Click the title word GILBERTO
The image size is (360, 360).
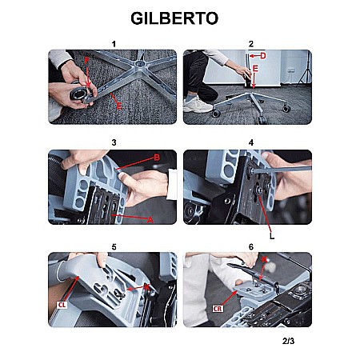coord(174,18)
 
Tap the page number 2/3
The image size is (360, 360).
coord(288,341)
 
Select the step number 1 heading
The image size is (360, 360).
coord(114,44)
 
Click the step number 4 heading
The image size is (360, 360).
coord(251,142)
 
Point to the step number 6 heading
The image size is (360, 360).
coord(251,247)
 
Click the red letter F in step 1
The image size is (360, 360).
coord(86,61)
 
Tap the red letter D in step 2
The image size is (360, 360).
coord(263,56)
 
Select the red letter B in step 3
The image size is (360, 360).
coord(157,158)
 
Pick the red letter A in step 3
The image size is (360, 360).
coord(150,220)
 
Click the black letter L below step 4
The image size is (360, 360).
coord(272,236)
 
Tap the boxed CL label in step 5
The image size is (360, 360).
coord(62,305)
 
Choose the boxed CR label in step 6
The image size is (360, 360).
coord(218,309)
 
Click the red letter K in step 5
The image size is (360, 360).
coord(146,287)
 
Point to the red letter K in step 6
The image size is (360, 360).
coord(264,259)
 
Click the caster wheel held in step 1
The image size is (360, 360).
coord(79,94)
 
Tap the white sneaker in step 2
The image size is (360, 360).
coord(197,106)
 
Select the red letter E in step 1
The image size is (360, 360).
coord(119,106)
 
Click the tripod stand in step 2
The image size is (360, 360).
coord(306,68)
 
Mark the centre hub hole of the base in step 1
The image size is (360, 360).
coord(138,64)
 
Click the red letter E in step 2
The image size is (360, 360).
coord(255,69)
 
